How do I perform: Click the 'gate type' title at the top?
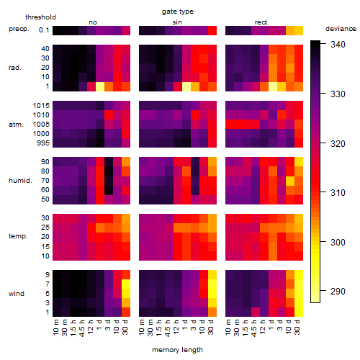(x=178, y=12)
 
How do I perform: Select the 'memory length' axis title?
(x=177, y=350)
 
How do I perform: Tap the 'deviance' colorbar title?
(x=341, y=29)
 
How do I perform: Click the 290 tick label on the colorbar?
(x=338, y=292)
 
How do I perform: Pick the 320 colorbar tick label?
(x=338, y=143)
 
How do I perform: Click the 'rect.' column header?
(x=262, y=22)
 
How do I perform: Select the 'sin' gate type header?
(x=177, y=22)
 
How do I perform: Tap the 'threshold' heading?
(x=40, y=17)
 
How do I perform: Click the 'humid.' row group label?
(x=20, y=181)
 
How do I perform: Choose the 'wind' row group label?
(x=17, y=294)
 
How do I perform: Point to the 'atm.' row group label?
(x=16, y=125)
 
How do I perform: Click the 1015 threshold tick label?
(x=41, y=106)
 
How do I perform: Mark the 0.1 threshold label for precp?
(x=44, y=30)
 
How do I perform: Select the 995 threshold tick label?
(x=43, y=143)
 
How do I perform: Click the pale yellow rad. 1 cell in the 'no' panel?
(x=100, y=86)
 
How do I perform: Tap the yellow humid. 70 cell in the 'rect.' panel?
(x=290, y=181)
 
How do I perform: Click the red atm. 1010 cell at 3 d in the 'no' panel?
(x=109, y=115)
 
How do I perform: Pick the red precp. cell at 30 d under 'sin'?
(x=212, y=31)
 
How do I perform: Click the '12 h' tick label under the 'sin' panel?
(x=176, y=327)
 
